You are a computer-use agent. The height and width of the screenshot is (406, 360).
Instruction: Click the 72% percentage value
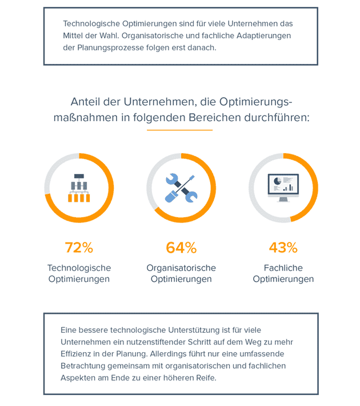click(79, 248)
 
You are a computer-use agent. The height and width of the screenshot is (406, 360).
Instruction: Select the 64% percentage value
click(181, 248)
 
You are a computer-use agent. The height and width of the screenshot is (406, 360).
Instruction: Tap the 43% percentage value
click(283, 248)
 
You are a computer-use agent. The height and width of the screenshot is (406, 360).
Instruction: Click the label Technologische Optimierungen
click(79, 273)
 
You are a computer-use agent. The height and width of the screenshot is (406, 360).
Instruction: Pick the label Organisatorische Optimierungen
click(181, 273)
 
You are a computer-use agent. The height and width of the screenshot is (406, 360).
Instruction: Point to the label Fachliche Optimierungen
click(283, 273)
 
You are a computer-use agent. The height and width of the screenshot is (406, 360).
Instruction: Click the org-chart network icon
click(79, 188)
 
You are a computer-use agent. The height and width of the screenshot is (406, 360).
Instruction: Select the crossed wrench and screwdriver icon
click(181, 188)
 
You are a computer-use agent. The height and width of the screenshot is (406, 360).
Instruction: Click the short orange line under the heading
click(179, 130)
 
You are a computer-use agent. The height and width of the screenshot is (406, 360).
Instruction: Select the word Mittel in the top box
click(75, 35)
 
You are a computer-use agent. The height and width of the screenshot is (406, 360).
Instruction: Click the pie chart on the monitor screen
click(277, 181)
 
